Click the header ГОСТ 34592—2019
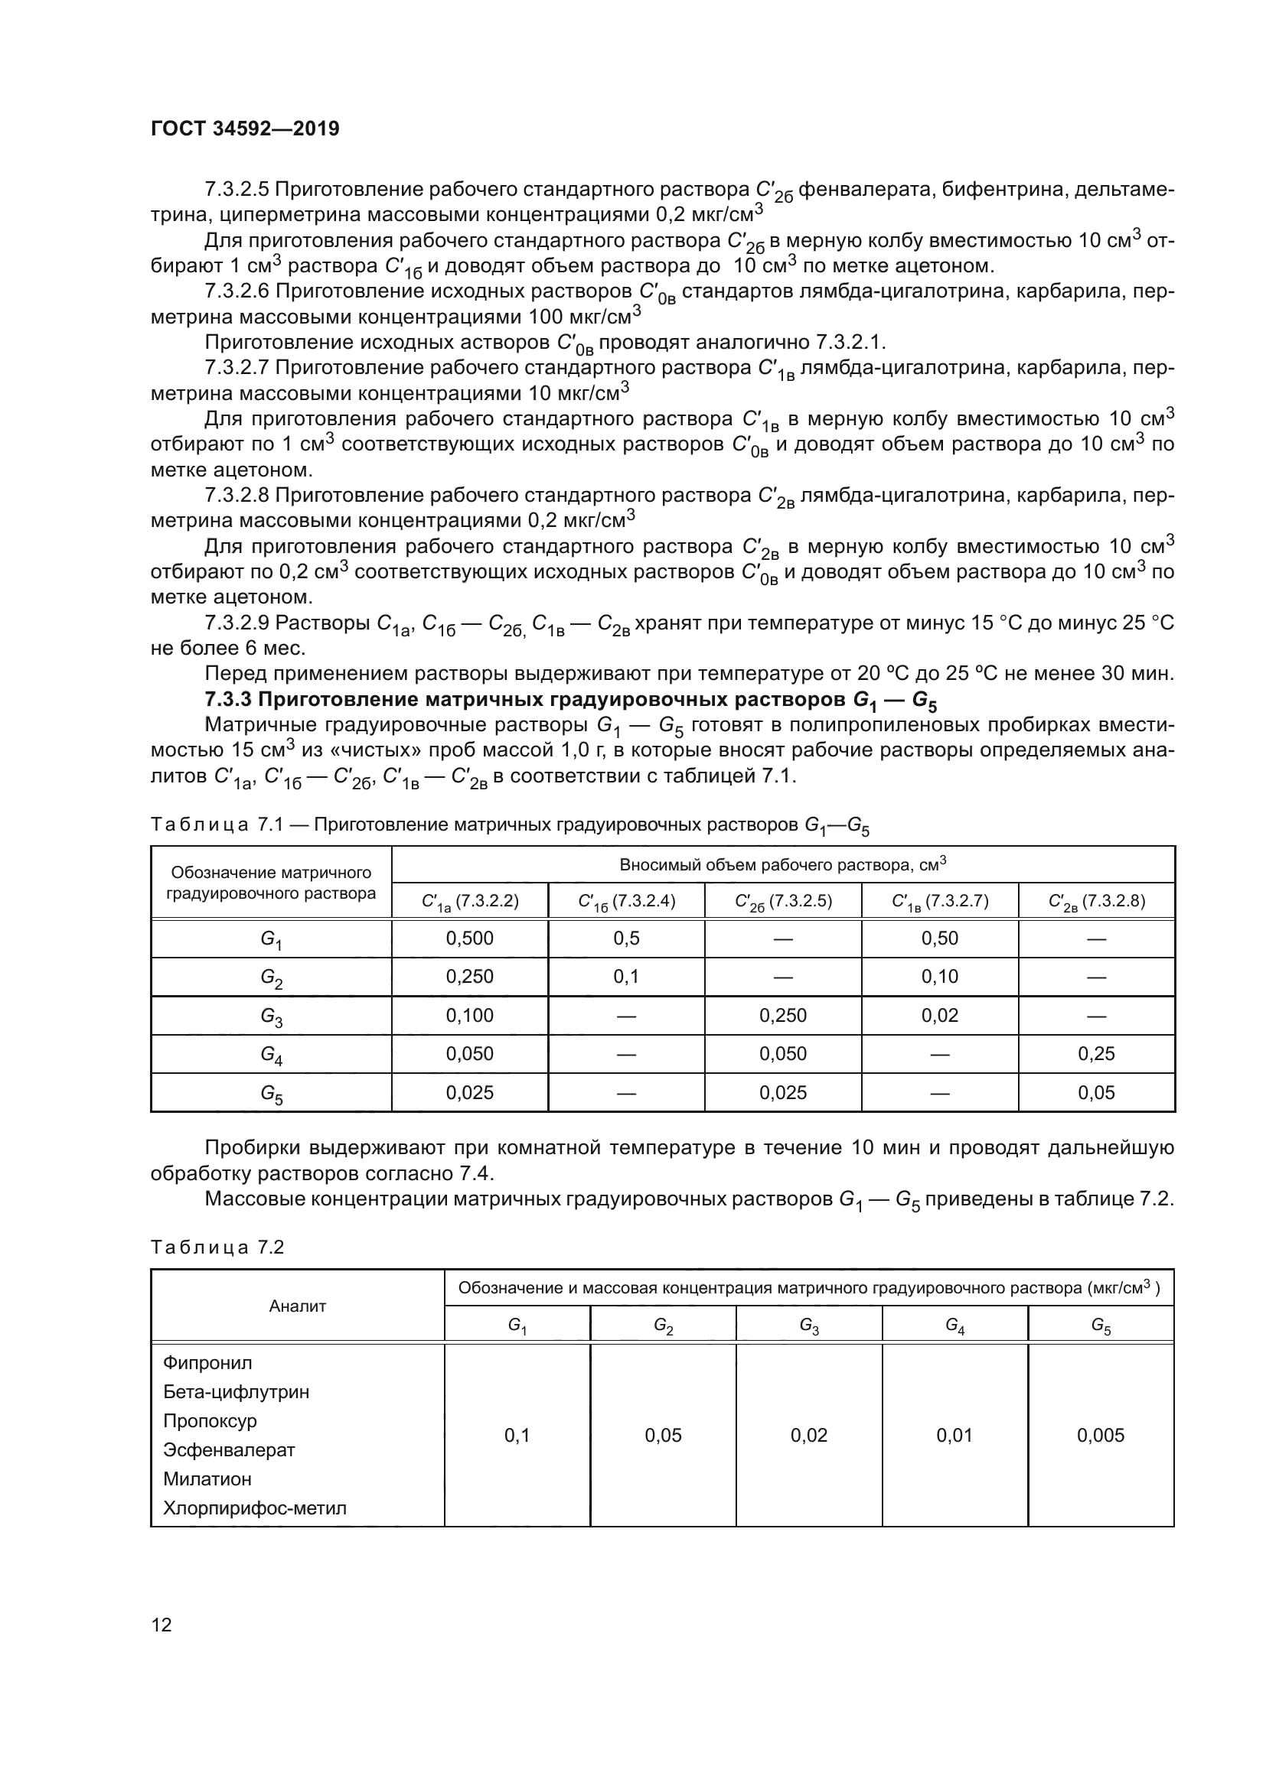pos(245,129)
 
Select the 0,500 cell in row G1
pos(469,938)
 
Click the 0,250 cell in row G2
pos(469,976)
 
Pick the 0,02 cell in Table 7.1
pos(939,1015)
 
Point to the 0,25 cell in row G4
pos(1096,1053)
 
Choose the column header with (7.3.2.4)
pos(626,902)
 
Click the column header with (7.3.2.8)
pos(1096,902)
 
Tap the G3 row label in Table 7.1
pos(271,1016)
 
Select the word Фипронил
pos(207,1363)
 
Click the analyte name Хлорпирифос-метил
pos(255,1508)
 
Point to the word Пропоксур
pos(210,1420)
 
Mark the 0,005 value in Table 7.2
pos(1101,1435)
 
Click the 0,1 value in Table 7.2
pos(517,1435)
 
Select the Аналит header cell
pos(297,1306)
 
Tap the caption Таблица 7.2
pos(217,1247)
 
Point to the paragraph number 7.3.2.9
pos(237,623)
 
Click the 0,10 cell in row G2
pos(939,976)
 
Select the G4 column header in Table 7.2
pos(955,1325)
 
